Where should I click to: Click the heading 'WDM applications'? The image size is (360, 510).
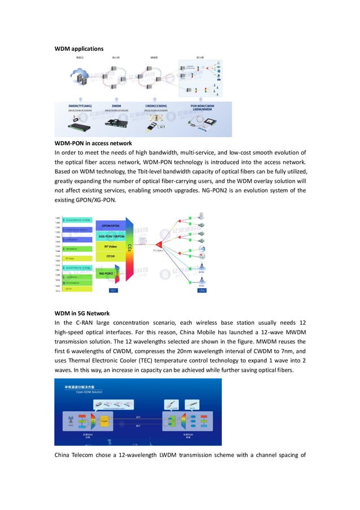(79, 49)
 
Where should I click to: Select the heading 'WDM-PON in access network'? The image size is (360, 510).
(93, 143)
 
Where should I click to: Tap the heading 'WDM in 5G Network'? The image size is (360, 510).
(82, 313)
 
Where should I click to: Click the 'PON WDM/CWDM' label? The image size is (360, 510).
(201, 105)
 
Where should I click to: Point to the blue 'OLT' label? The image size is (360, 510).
(113, 290)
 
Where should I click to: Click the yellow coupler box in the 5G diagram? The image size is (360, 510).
(104, 420)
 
